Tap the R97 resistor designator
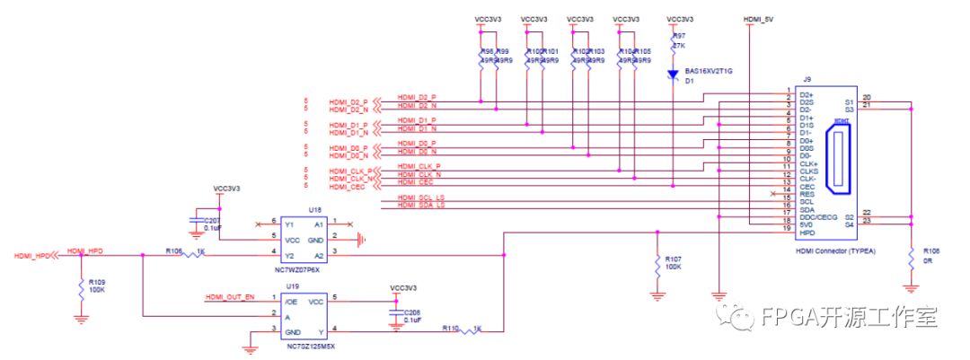(x=679, y=35)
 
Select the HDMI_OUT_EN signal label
(x=230, y=296)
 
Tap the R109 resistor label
(x=96, y=281)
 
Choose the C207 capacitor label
(x=213, y=220)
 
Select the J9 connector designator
(x=807, y=81)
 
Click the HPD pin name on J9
(x=807, y=232)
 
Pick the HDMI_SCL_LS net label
(x=421, y=198)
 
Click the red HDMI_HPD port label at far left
(x=32, y=256)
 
